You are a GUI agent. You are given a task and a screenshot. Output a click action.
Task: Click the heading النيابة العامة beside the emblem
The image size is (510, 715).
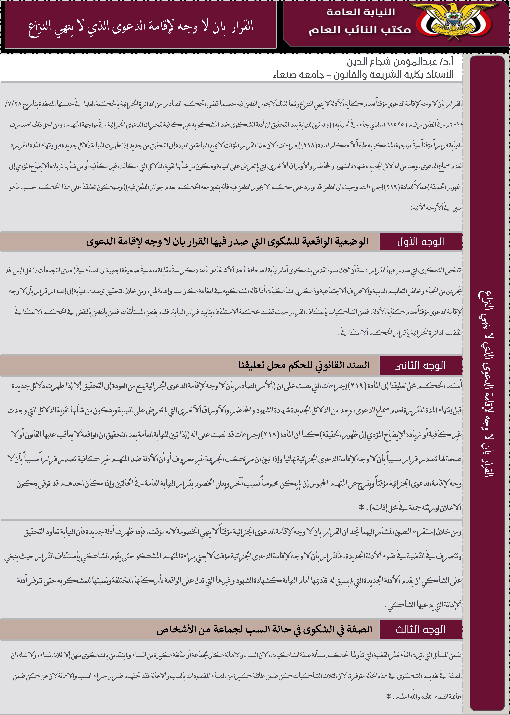pyautogui.click(x=361, y=12)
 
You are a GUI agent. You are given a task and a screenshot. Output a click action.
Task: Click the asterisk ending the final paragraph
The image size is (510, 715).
pyautogui.click(x=389, y=697)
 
